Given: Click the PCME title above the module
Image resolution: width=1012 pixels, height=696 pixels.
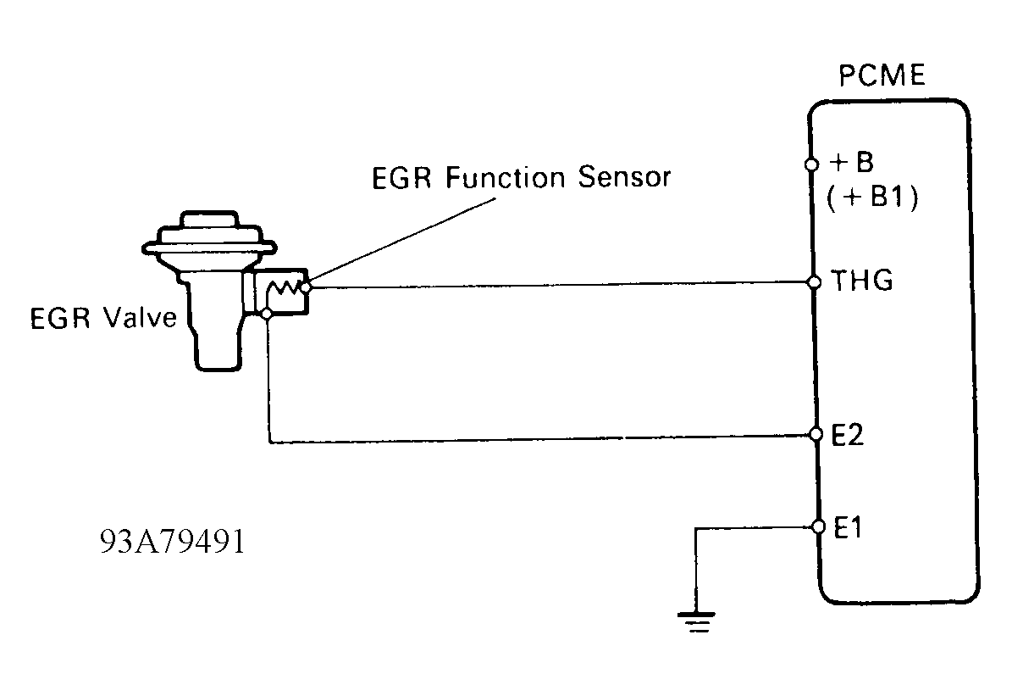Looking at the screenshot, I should tap(882, 77).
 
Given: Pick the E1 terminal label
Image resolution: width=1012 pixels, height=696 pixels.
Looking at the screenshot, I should tap(848, 526).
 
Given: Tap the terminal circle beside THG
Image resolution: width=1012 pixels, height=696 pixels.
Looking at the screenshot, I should tap(814, 282).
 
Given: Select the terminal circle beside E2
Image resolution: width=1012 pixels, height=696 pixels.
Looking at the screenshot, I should tap(816, 435).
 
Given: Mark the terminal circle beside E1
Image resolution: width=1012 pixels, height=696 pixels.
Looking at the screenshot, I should tap(817, 526).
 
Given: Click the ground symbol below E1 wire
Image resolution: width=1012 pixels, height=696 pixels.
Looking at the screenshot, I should tap(695, 622).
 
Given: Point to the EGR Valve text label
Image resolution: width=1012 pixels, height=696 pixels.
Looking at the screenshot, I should tap(103, 318).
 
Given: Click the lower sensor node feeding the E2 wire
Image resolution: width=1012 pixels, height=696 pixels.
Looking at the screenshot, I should tap(268, 315).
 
